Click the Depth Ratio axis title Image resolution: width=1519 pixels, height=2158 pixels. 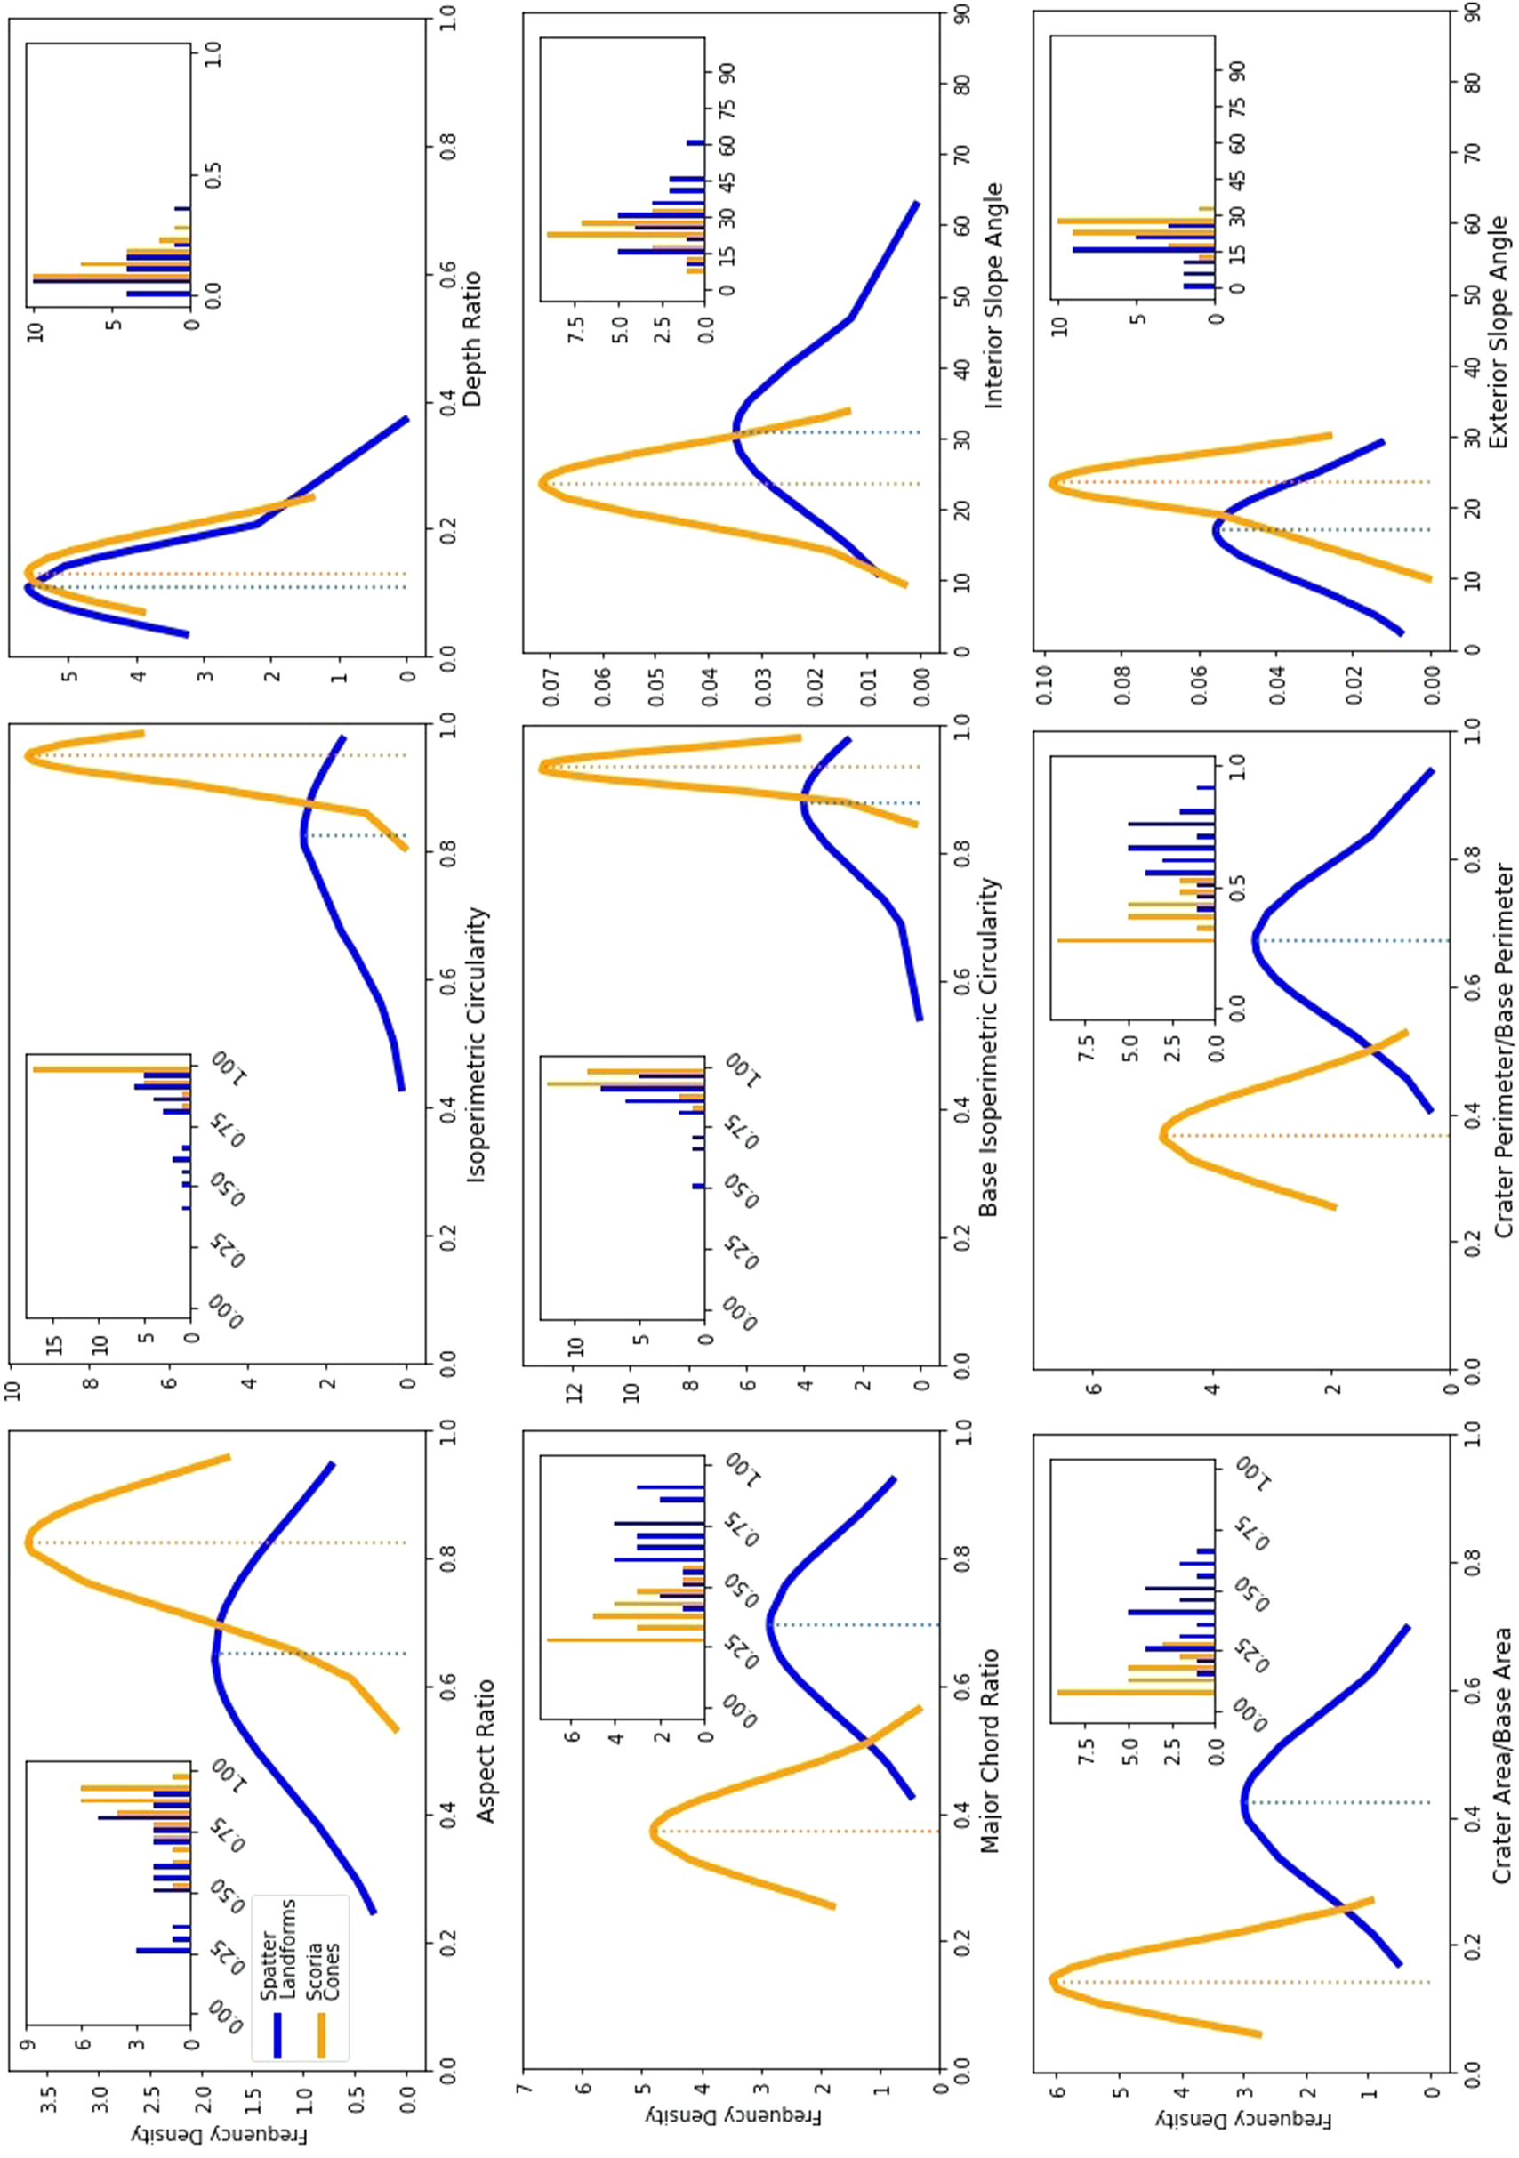[473, 339]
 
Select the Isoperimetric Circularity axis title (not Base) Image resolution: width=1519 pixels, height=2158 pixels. [478, 1044]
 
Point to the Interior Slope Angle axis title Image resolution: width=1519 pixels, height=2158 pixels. [993, 296]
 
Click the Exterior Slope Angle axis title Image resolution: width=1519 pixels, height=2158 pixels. [1500, 331]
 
